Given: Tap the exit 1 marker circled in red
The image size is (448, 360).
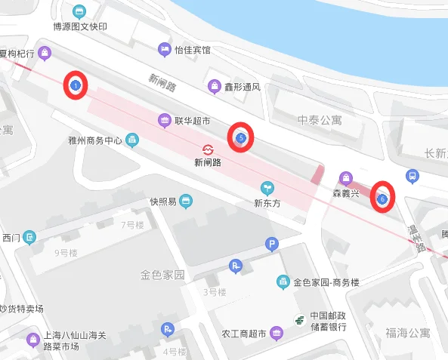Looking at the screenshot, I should point(76,86).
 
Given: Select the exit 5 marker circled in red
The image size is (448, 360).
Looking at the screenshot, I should point(240,138).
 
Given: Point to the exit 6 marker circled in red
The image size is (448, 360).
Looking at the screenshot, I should point(382,198).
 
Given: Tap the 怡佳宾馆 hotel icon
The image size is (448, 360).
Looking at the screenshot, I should point(164,50).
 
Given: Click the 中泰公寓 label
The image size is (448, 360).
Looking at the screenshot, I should point(320,119).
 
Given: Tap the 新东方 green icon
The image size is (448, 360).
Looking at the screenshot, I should point(266,187).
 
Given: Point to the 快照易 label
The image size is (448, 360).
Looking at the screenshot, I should point(162,202).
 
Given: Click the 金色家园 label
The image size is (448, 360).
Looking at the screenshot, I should point(162,275).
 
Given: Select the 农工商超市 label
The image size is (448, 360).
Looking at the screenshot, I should point(240,334).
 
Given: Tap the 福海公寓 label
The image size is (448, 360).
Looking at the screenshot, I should point(407,332).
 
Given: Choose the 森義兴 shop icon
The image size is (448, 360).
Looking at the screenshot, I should point(346,178).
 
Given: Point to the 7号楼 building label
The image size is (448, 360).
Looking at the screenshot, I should point(132,225).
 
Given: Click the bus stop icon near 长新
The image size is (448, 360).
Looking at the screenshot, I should point(412,176).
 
